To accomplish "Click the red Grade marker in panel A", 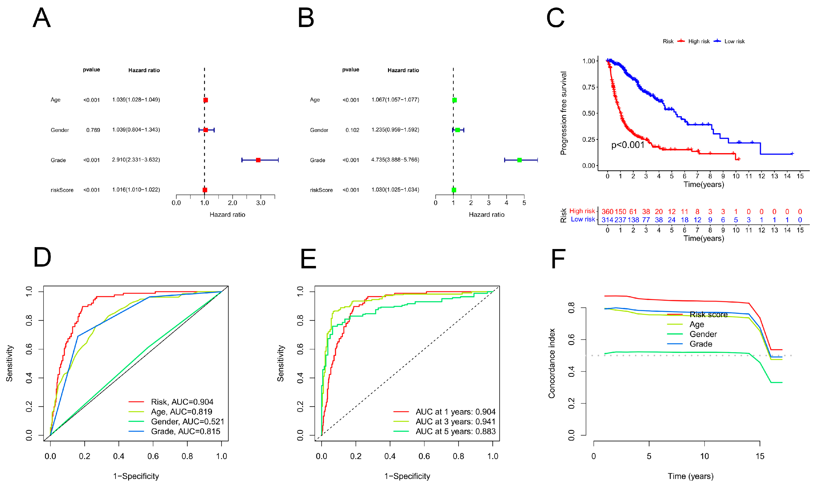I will pyautogui.click(x=258, y=160).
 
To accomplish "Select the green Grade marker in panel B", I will pyautogui.click(x=519, y=160).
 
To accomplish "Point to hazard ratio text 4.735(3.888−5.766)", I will pyautogui.click(x=395, y=160).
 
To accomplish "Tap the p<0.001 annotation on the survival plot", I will pyautogui.click(x=628, y=145).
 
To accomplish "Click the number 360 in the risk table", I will pyautogui.click(x=607, y=211).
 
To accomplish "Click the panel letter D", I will pyautogui.click(x=43, y=257).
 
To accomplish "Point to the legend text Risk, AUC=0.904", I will pyautogui.click(x=182, y=402).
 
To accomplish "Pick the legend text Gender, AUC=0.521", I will pyautogui.click(x=187, y=421).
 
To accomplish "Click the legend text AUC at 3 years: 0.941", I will pyautogui.click(x=455, y=421).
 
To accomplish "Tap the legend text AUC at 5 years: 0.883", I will pyautogui.click(x=455, y=431).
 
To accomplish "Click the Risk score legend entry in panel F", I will pyautogui.click(x=708, y=315).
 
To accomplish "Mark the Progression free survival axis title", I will pyautogui.click(x=563, y=113).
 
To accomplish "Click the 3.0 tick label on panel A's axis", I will pyautogui.click(x=261, y=203).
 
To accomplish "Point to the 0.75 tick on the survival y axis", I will pyautogui.click(x=588, y=87).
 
